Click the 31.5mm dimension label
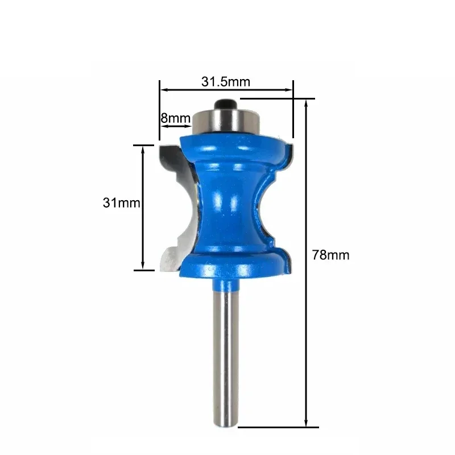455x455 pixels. click(x=225, y=81)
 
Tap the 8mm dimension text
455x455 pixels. click(x=175, y=118)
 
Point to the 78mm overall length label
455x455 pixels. click(x=330, y=255)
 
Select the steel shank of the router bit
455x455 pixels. click(x=225, y=353)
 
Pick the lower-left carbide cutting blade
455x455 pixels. click(x=171, y=256)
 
